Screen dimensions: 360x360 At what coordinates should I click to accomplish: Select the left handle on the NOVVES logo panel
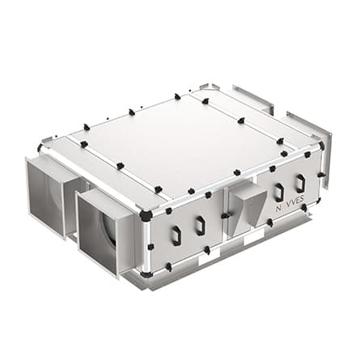click(x=279, y=192)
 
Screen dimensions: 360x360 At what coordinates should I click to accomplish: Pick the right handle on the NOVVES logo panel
click(x=300, y=183)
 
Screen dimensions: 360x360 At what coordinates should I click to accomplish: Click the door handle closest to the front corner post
click(x=176, y=234)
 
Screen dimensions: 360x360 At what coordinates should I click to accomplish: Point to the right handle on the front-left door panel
click(x=200, y=224)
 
